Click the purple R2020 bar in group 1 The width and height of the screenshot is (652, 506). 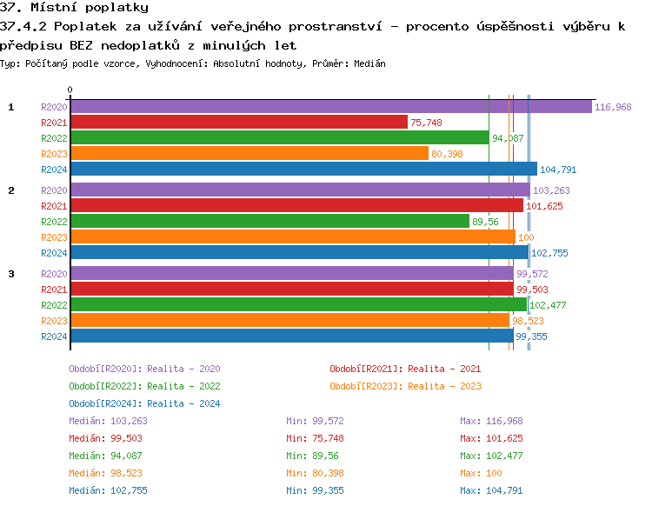click(330, 107)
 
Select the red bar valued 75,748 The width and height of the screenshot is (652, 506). click(238, 123)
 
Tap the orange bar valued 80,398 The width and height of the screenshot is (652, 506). click(249, 154)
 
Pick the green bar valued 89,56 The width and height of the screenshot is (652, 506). click(269, 222)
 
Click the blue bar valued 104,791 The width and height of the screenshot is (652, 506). click(303, 170)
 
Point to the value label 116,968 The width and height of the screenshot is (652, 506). click(613, 107)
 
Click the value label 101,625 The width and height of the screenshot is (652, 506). click(544, 206)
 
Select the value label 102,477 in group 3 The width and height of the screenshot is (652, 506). click(548, 305)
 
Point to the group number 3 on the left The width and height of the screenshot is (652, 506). click(11, 274)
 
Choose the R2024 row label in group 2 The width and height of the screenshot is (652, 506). click(54, 253)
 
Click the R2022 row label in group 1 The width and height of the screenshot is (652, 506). click(54, 138)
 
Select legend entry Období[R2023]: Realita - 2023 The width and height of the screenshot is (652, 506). click(405, 386)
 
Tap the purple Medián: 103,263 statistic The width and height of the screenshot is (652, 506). click(103, 421)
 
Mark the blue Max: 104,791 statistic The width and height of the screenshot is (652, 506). click(492, 490)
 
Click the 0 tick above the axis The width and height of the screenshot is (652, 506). click(70, 90)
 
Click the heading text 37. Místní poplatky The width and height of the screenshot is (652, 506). click(74, 8)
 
